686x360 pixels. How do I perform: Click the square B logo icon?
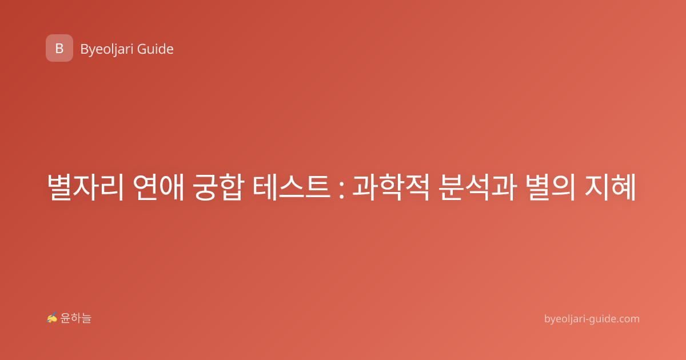coord(59,48)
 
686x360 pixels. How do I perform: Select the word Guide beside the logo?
coord(155,49)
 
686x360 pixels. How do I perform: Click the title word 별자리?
coord(85,187)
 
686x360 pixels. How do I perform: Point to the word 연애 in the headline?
coord(158,187)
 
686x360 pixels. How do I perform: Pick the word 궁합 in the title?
coord(218,187)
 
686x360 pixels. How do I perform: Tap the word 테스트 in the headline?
coord(292,187)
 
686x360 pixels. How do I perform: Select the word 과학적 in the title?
coord(391,187)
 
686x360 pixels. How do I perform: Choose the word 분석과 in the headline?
coord(477,187)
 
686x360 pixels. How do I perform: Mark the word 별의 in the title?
coord(551,187)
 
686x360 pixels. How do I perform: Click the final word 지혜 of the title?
coord(611,187)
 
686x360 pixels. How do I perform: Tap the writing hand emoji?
coord(52,318)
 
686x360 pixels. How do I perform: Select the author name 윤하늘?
coord(75,318)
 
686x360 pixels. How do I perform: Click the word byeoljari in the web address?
coord(565,319)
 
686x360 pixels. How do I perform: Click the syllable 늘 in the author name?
coord(86,318)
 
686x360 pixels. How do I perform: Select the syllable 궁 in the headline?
coord(205,187)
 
